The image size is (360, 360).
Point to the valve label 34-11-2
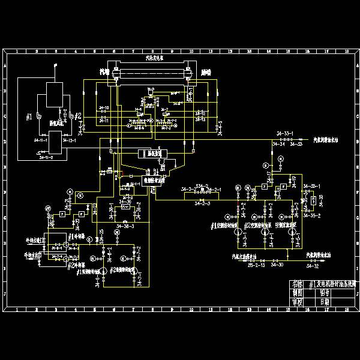46,157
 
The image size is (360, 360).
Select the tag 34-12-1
67,140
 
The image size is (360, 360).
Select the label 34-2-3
202,205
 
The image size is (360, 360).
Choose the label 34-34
278,144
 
